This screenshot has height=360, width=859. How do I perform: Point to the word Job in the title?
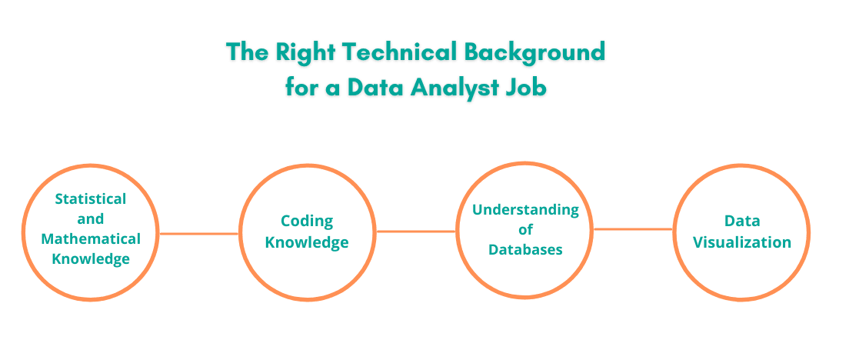(529, 87)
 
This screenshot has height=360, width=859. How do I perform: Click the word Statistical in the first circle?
(91, 198)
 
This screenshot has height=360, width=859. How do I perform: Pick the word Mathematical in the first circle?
(91, 238)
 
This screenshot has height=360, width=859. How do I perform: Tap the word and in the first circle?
(91, 218)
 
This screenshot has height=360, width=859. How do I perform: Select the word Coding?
(307, 222)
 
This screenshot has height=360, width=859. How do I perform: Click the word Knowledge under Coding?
(307, 242)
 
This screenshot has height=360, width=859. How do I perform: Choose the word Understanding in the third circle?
(525, 209)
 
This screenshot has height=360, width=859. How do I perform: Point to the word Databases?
(525, 249)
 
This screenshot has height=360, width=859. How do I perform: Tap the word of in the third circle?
(525, 229)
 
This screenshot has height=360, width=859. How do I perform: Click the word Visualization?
(742, 242)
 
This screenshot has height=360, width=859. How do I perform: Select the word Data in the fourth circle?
(742, 222)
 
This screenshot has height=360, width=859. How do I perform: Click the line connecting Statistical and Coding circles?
(198, 233)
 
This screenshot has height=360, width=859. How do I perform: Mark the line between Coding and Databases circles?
(416, 231)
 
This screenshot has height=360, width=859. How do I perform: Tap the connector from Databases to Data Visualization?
(634, 228)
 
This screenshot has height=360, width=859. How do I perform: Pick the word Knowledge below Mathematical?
(91, 258)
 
